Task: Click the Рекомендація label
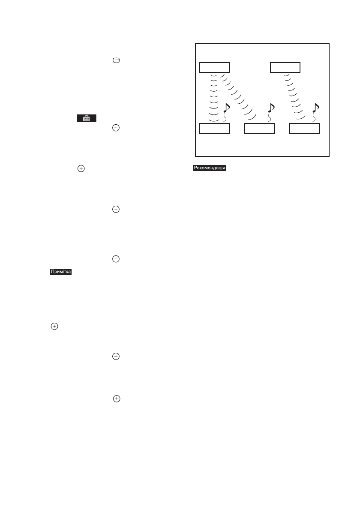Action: [209, 168]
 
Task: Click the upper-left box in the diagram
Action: [215, 67]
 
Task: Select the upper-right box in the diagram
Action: [285, 67]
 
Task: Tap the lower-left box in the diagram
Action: [215, 128]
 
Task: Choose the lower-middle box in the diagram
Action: [259, 128]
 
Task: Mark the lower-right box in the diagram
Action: [304, 128]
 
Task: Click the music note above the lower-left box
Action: [227, 108]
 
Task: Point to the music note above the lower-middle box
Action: [271, 108]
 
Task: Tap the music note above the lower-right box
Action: [316, 108]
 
